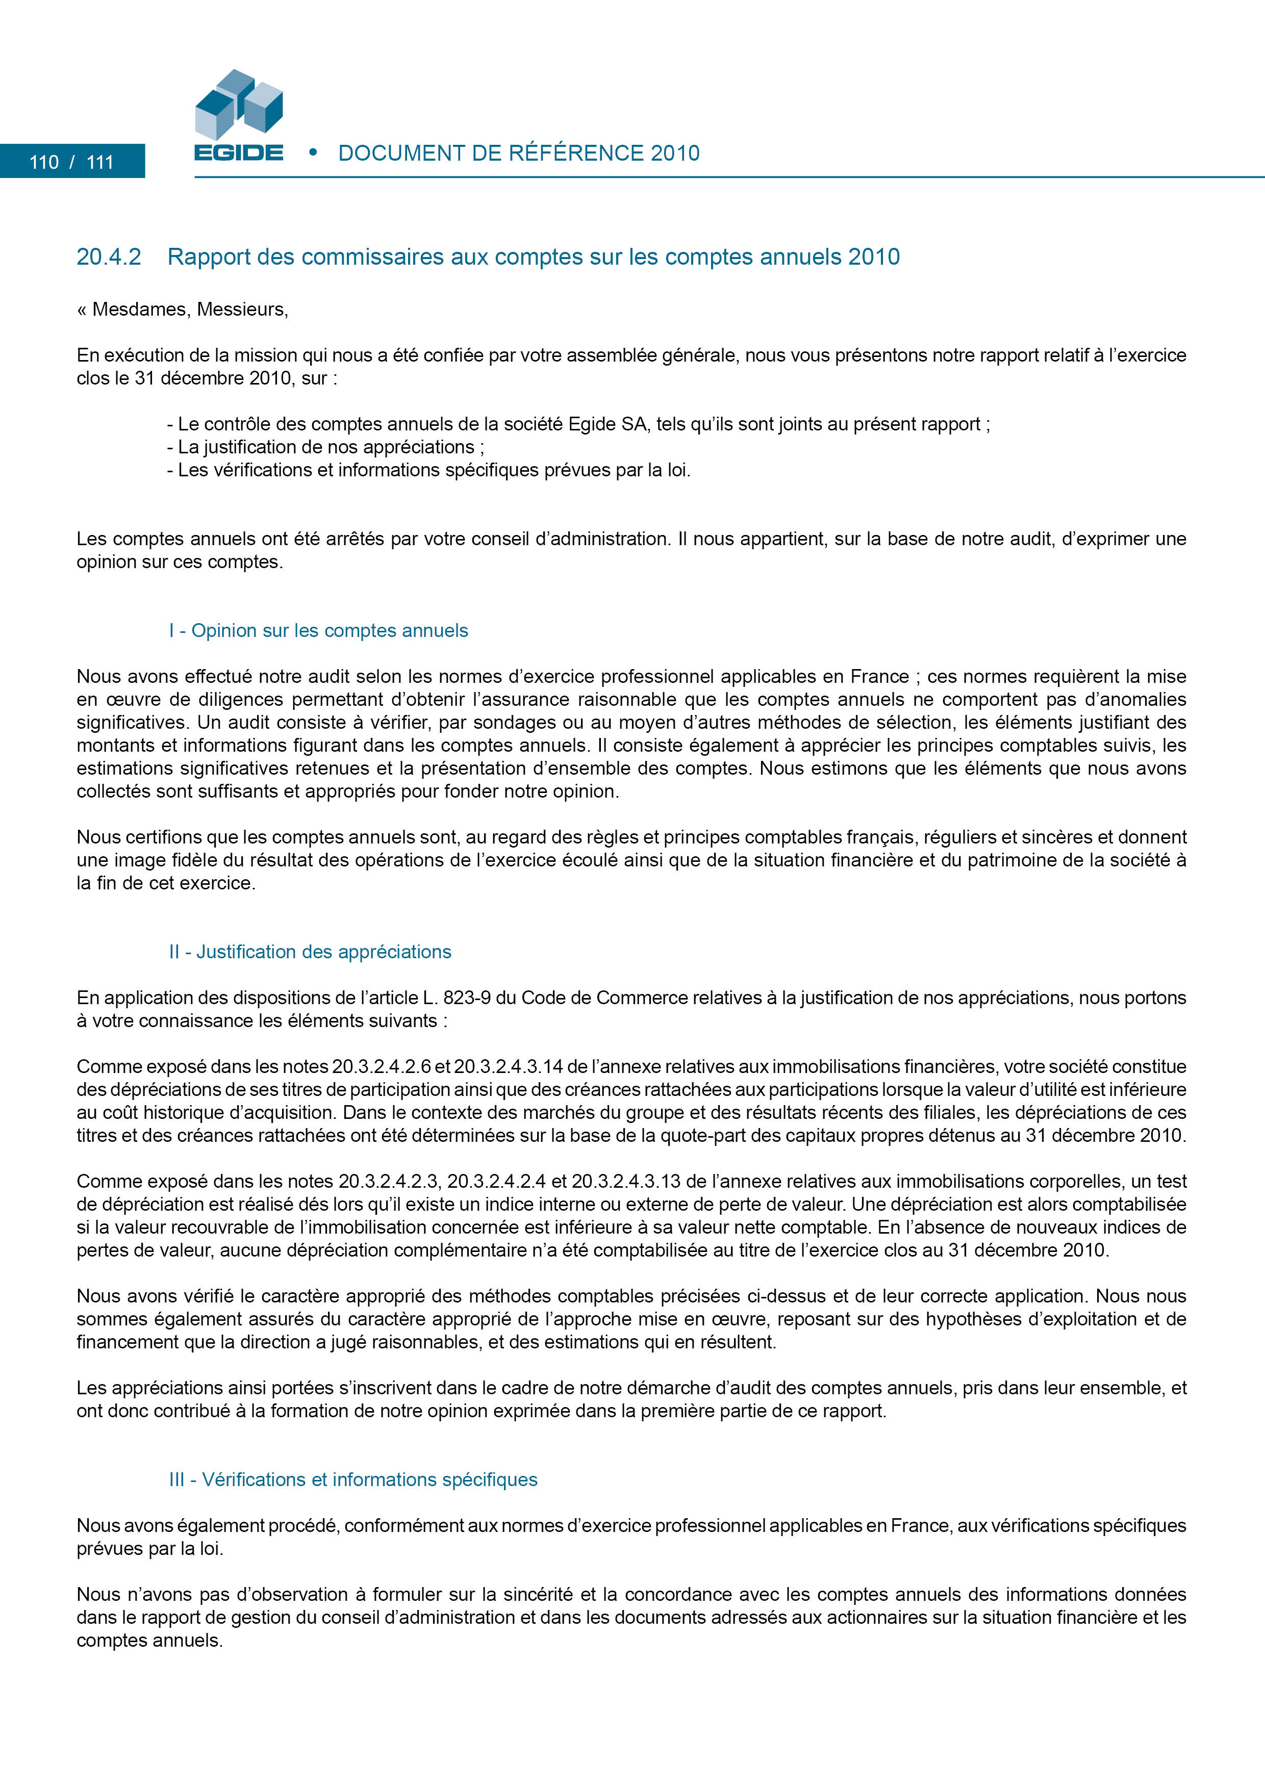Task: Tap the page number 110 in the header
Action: [44, 162]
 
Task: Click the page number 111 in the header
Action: [100, 162]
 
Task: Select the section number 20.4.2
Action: [108, 257]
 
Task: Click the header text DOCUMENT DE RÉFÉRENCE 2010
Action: [518, 154]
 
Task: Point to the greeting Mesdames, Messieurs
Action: [189, 310]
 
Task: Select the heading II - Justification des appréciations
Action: [310, 952]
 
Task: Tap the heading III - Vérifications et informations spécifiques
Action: [353, 1479]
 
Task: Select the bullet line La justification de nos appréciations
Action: [325, 447]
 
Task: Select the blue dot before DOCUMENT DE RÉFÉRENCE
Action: [313, 152]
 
